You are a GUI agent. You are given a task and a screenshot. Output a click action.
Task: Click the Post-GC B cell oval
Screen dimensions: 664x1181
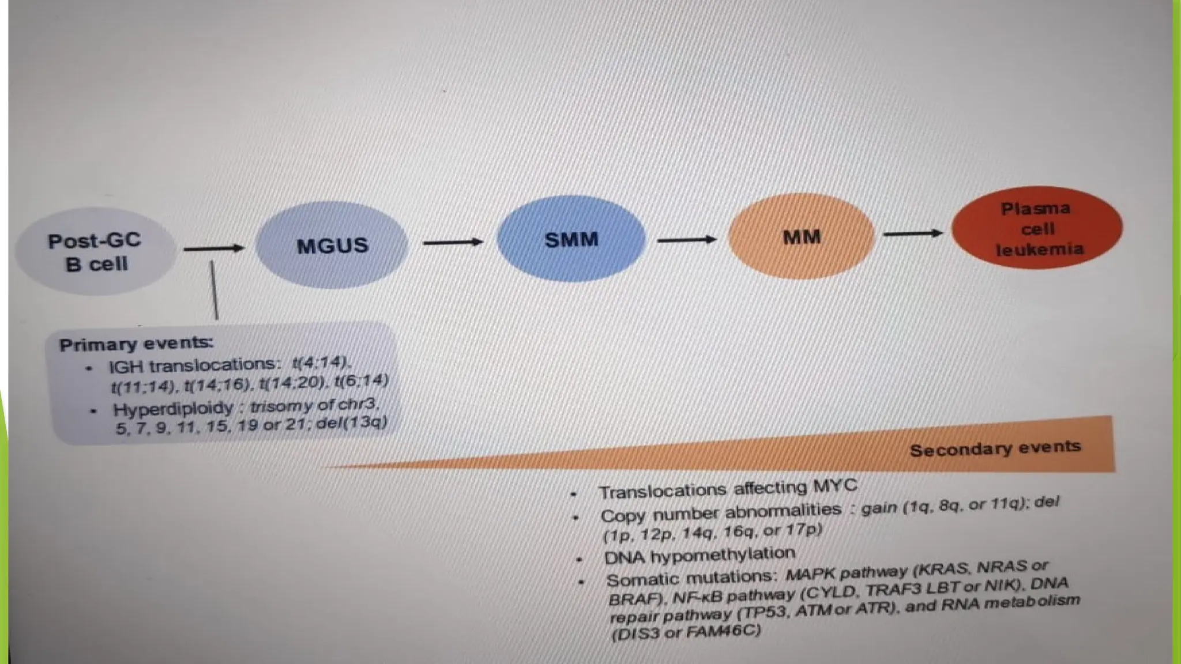(95, 252)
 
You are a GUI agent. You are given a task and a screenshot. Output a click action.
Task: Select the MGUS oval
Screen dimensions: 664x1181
(332, 246)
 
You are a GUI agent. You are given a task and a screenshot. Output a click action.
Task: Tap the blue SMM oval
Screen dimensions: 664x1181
(571, 239)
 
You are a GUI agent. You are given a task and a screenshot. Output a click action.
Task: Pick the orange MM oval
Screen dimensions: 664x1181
(802, 237)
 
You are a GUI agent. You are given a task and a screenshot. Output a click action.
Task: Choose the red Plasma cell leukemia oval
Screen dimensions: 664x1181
(1037, 228)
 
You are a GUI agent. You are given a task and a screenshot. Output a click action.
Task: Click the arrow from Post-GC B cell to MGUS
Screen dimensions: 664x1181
(214, 248)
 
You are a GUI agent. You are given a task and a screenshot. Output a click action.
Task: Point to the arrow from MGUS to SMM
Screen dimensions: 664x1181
(453, 243)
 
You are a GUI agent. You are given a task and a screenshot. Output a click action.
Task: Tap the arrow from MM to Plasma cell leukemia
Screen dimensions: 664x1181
(913, 233)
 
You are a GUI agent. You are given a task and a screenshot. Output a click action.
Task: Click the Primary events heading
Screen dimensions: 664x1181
(136, 344)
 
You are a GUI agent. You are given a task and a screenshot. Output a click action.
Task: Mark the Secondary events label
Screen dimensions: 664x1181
(995, 448)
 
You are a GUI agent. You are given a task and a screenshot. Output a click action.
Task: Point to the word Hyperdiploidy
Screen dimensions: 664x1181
(173, 409)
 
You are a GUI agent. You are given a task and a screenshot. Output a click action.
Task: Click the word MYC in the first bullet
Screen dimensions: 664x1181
(834, 486)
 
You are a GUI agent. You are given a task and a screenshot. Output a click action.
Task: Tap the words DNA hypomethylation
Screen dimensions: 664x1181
(699, 556)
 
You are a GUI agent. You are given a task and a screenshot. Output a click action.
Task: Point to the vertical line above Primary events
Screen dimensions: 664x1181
(215, 290)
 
